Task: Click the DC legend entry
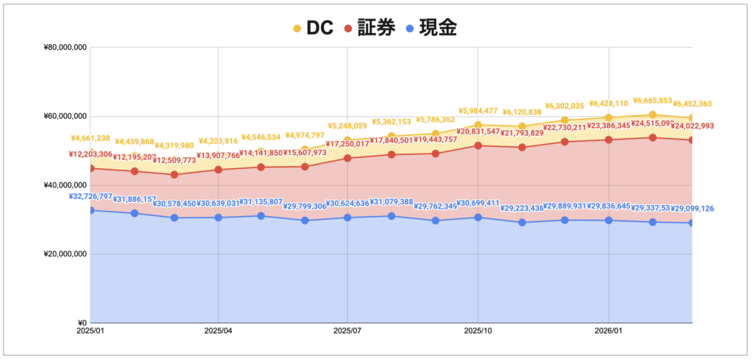[313, 28]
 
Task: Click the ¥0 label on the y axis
[82, 323]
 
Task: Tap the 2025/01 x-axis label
[91, 331]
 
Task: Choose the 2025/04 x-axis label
[218, 331]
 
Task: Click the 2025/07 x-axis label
[347, 331]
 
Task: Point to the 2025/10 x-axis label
[477, 331]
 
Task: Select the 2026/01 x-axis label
[609, 331]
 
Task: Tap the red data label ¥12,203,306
[91, 155]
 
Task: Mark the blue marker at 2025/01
[91, 211]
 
